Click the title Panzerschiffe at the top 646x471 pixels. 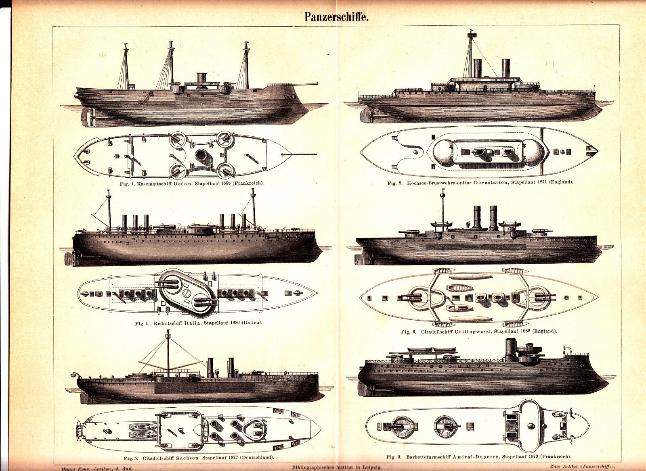(x=337, y=17)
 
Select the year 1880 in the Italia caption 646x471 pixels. (x=237, y=323)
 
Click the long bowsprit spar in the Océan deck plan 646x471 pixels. (x=300, y=154)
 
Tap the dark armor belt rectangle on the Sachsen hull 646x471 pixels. (x=205, y=388)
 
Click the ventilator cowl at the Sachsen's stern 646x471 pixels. (x=75, y=375)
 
